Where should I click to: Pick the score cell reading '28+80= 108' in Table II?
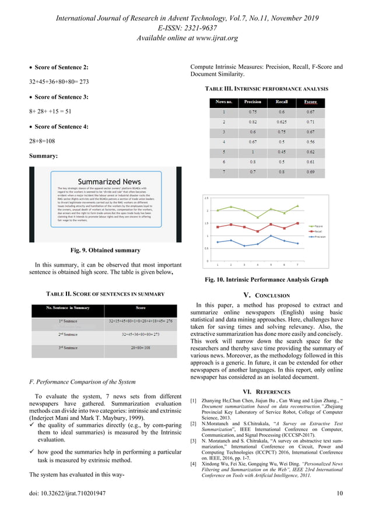tap(141, 348)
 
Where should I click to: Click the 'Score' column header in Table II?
tap(141, 307)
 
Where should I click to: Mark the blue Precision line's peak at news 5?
tap(271, 236)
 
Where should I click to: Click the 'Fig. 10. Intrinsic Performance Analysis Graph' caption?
tap(266, 280)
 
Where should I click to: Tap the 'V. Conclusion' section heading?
tap(266, 295)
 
